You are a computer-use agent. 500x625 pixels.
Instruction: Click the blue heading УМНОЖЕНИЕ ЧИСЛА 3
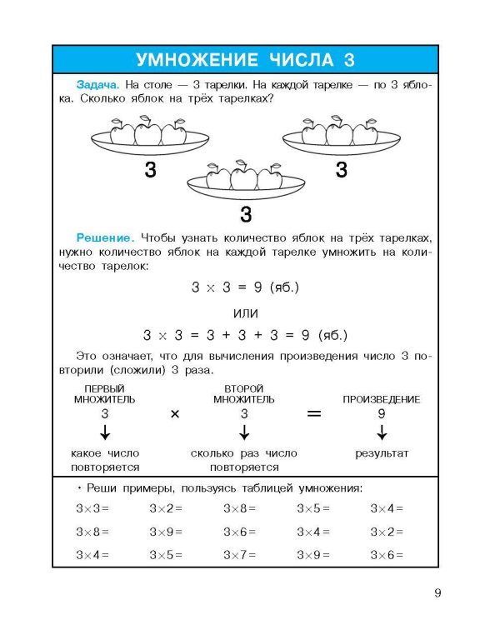(x=245, y=60)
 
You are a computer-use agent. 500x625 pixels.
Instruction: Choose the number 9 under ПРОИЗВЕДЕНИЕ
(x=382, y=413)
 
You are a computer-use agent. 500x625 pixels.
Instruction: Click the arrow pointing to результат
(x=382, y=432)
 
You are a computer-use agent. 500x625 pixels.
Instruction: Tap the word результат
(x=382, y=453)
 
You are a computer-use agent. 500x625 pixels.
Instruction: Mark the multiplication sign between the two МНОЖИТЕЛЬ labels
(x=175, y=414)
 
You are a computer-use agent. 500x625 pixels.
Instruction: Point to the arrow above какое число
(x=105, y=432)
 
